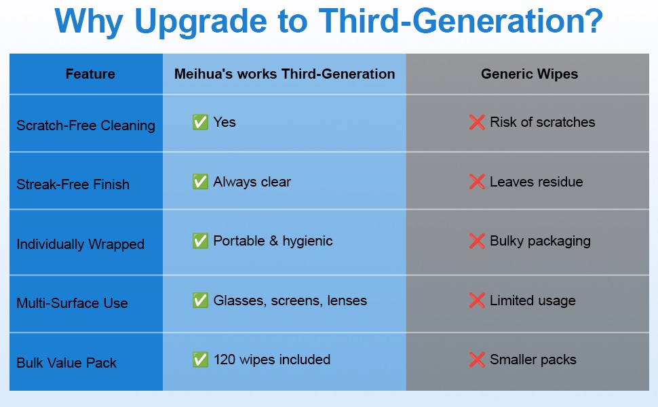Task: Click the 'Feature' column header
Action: click(90, 74)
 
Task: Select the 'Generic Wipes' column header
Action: click(529, 74)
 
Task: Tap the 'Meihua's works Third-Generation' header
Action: click(284, 74)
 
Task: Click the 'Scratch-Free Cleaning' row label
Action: click(85, 125)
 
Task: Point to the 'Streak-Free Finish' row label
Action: click(73, 185)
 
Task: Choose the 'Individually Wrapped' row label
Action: click(80, 244)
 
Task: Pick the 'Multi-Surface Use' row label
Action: click(72, 303)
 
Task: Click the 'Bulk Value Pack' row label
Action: click(66, 363)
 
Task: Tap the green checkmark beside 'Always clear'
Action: click(200, 182)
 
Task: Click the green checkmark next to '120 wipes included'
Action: click(200, 360)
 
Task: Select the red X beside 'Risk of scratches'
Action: click(477, 122)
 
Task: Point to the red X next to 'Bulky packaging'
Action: click(477, 241)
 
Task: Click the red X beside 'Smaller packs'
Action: click(477, 360)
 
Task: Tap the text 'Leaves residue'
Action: click(536, 182)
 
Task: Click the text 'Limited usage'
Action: click(533, 301)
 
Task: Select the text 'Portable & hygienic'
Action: click(273, 241)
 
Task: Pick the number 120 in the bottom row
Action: click(225, 360)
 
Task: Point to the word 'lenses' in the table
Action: click(347, 301)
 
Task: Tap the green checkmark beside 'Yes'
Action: click(200, 122)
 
